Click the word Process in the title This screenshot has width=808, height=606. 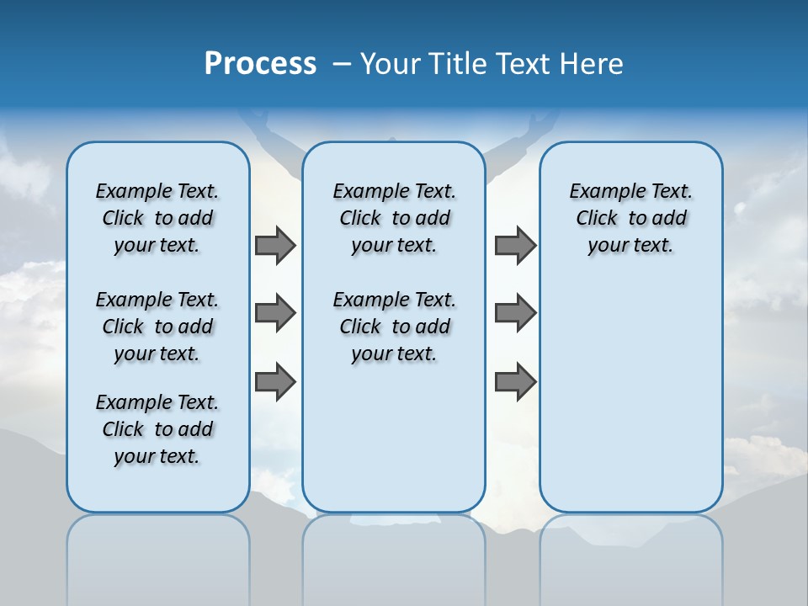tap(260, 64)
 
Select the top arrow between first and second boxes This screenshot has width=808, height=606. tap(275, 245)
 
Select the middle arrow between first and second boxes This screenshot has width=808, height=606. tap(275, 313)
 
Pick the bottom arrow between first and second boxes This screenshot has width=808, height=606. tap(275, 381)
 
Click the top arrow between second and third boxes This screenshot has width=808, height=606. tap(515, 245)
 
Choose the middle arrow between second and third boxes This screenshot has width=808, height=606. tap(515, 313)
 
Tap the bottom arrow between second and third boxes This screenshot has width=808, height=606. tap(515, 381)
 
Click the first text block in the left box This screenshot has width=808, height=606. tap(157, 218)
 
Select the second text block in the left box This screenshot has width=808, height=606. tap(157, 327)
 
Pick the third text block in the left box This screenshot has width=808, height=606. tap(157, 429)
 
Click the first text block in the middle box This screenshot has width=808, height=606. tap(394, 218)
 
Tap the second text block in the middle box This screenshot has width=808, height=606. tap(394, 327)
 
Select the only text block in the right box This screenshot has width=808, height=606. tap(631, 218)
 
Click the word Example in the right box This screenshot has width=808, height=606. tap(601, 192)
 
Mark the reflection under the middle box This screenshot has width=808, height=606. tap(394, 555)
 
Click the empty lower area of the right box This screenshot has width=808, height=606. tap(631, 404)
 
